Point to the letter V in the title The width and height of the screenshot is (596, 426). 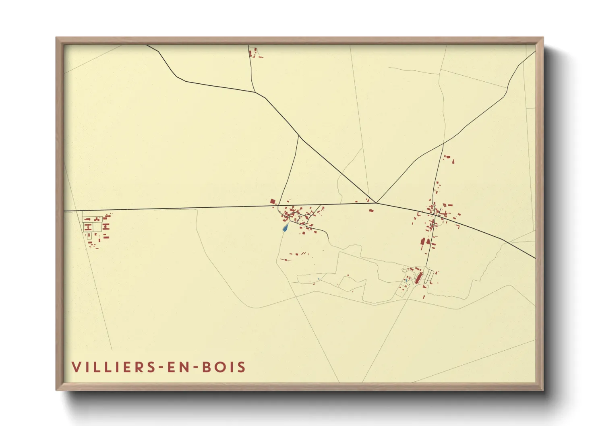coord(76,367)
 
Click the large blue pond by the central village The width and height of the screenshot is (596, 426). coord(286,228)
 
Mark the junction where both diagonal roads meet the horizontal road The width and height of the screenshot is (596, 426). coord(376,203)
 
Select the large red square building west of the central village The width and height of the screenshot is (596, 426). coord(273,201)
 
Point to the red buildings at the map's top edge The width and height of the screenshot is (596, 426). coord(254,53)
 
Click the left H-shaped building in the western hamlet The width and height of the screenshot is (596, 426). coord(87,227)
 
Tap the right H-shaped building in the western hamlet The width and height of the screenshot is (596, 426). coord(106,227)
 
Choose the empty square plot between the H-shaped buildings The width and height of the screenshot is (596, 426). coord(97,227)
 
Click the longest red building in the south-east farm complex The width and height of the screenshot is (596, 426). coord(418,278)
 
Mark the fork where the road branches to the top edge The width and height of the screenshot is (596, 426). coord(255,92)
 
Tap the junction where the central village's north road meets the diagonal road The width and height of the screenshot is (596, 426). coord(299,136)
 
